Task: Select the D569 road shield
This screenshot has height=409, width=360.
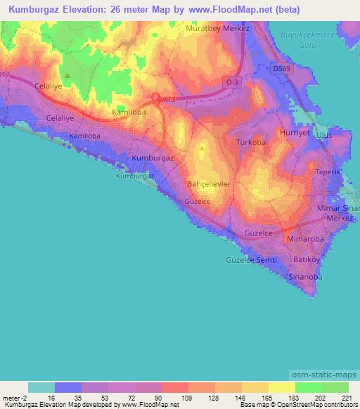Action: click(x=282, y=67)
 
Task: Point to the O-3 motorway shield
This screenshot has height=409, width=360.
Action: click(x=233, y=83)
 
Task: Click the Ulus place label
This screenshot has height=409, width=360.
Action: click(x=323, y=134)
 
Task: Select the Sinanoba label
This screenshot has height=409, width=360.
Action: click(x=305, y=277)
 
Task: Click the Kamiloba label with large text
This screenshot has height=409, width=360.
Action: click(x=129, y=112)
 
